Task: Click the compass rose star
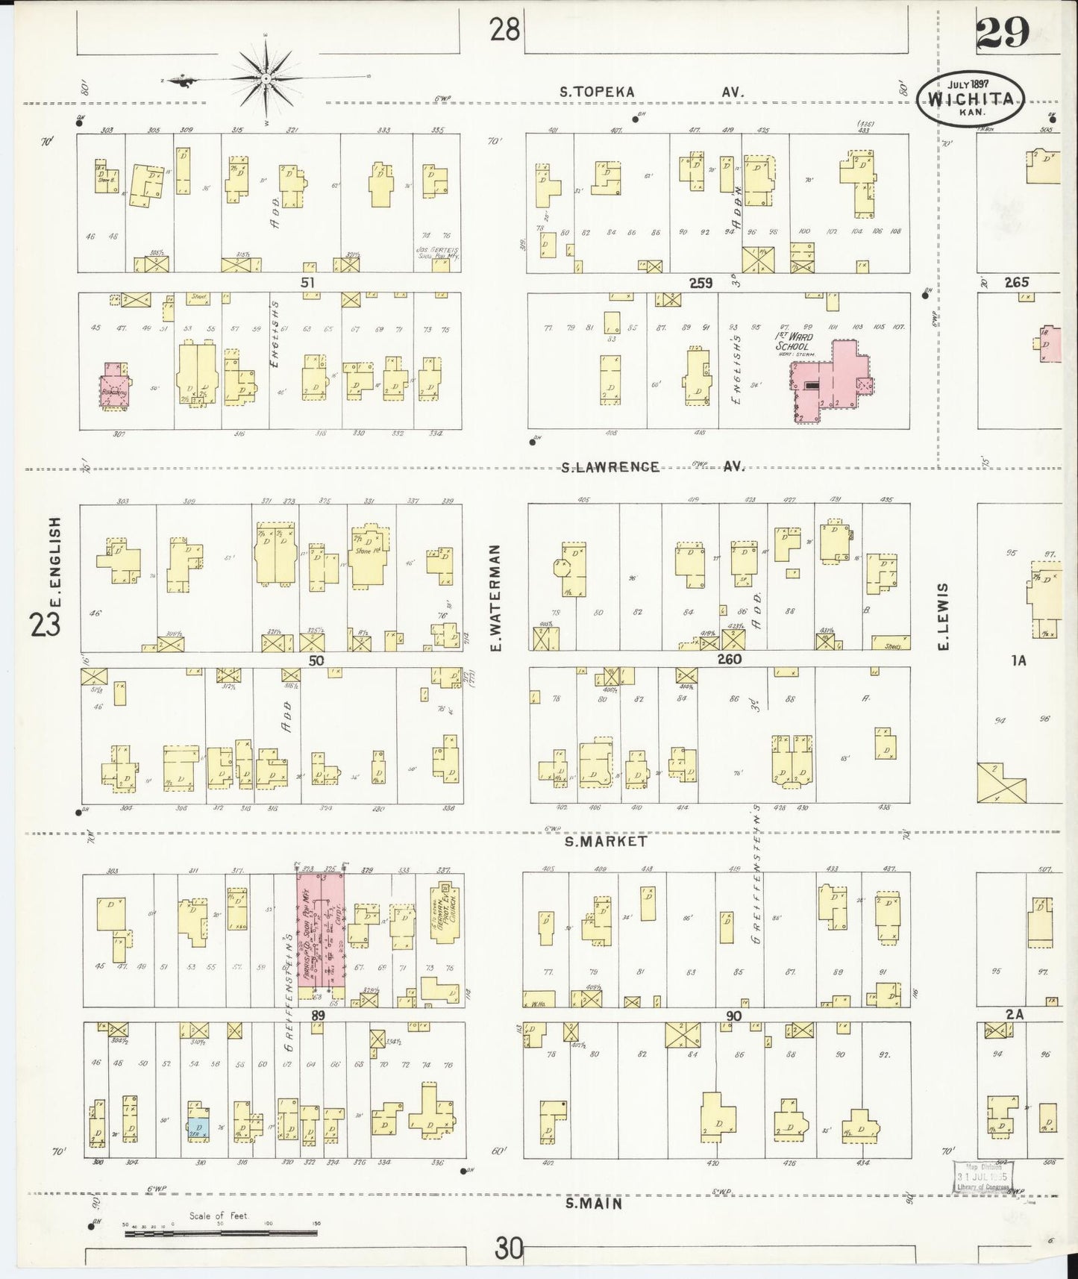[x=266, y=78]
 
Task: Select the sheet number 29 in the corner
[x=1003, y=32]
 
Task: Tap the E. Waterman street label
[x=495, y=596]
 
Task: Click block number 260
[x=728, y=659]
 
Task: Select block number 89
[x=318, y=1015]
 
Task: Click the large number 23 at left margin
[x=46, y=625]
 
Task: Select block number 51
[x=307, y=282]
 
